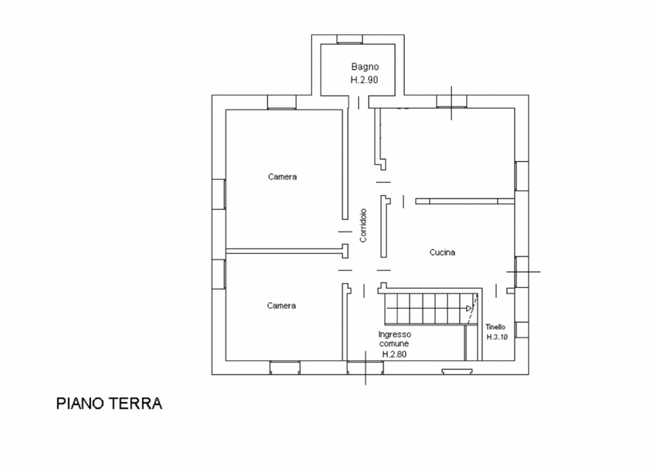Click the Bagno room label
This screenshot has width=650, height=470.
pos(365,67)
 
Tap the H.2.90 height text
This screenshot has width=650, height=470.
pos(364,80)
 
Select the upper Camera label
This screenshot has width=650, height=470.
pos(282,176)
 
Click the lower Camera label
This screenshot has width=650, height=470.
pos(281,306)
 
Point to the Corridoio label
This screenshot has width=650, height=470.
pos(363,225)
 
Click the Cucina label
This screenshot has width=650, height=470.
pos(442,252)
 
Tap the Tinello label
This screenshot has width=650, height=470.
pos(496,327)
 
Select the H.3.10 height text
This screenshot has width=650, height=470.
pos(497,337)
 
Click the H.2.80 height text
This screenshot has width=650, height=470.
pos(394,355)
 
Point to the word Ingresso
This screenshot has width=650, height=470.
pos(395,334)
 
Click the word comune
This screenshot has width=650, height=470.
pos(394,344)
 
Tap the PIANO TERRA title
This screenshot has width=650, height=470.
pos(109,403)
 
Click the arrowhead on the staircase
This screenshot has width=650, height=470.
pos(470,308)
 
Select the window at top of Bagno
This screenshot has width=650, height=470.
pos(349,39)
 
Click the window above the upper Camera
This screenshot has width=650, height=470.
pos(282,102)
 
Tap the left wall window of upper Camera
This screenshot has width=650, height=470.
pos(219,194)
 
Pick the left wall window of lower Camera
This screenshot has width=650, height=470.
pos(219,274)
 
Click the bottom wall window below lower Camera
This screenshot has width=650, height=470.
pos(285,368)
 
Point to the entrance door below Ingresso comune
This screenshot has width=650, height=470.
pos(365,368)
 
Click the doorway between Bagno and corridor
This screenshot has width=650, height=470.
pos(358,102)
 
